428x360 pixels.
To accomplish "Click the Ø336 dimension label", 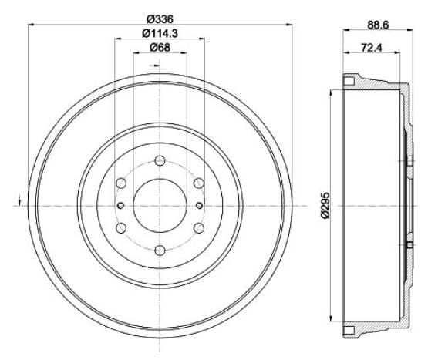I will (160, 19).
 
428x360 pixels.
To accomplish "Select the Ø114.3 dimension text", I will (160, 33).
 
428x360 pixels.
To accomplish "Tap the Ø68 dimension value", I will (160, 48).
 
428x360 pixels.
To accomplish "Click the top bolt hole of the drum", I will (160, 160).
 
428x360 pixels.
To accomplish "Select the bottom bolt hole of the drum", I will (160, 251).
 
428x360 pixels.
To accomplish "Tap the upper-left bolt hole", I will (122, 183).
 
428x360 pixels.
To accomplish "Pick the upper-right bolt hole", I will (199, 183).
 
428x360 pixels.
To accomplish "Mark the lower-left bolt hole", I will (122, 228).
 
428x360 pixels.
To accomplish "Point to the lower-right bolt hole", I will (199, 228).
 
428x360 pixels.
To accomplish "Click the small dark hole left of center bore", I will (122, 206).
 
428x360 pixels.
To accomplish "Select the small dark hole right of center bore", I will (199, 206).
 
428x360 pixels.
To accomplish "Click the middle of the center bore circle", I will (160, 206).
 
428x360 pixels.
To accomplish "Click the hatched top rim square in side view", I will (350, 81).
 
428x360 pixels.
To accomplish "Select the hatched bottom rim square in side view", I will (350, 331).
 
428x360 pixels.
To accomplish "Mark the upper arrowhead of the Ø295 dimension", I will (332, 93).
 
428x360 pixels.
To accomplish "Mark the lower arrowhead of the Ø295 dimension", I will (332, 319).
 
